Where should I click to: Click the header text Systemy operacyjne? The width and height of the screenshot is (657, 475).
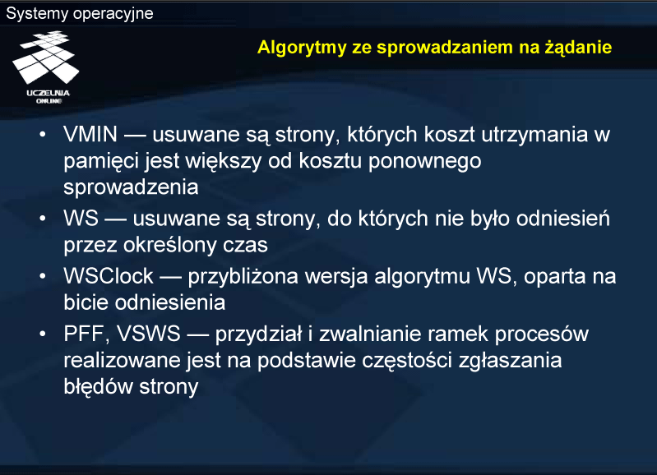tap(80, 14)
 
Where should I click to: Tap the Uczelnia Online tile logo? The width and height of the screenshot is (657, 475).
tap(46, 67)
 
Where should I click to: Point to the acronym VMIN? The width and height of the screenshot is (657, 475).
tap(90, 135)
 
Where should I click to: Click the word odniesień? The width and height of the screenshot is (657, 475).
tap(562, 219)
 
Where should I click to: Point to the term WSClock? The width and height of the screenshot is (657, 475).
tap(109, 276)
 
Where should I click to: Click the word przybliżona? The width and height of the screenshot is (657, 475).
tap(243, 277)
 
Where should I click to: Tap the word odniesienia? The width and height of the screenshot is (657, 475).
tap(170, 302)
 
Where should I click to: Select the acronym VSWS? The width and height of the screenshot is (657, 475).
tap(148, 334)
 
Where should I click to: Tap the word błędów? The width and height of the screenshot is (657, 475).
tap(98, 386)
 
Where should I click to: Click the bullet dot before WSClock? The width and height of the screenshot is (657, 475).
tap(43, 276)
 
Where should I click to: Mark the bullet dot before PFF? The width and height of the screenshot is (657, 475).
tap(43, 334)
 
